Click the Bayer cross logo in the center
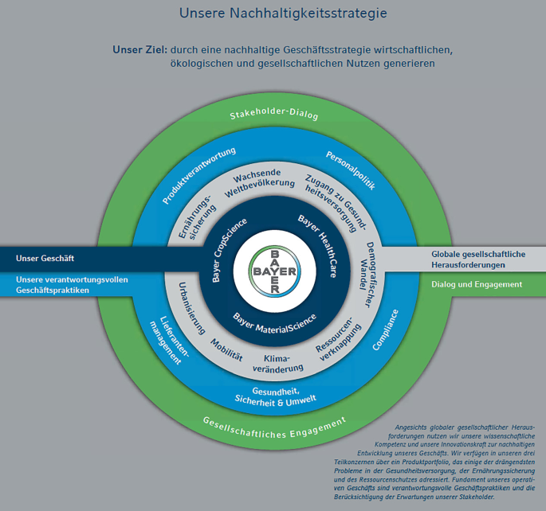pyautogui.click(x=273, y=267)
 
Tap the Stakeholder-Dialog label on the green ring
pyautogui.click(x=274, y=115)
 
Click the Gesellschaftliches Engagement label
pyautogui.click(x=274, y=429)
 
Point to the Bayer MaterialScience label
pyautogui.click(x=274, y=322)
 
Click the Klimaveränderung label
pyautogui.click(x=279, y=364)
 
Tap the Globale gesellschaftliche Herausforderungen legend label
pyautogui.click(x=478, y=259)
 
